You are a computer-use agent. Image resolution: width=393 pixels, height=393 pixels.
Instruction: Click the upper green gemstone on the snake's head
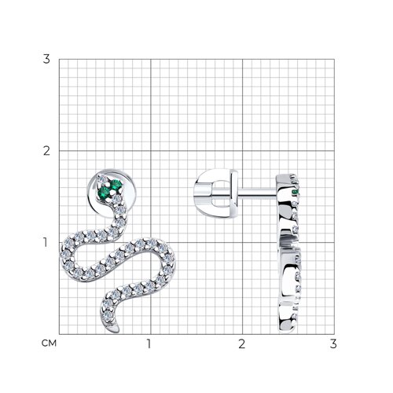(x=116, y=184)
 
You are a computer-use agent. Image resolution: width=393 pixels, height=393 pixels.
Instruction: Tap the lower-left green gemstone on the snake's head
(x=104, y=193)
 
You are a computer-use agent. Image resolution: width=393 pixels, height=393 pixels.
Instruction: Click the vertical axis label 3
(x=46, y=59)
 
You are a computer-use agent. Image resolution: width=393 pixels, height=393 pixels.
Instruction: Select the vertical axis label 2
(x=46, y=151)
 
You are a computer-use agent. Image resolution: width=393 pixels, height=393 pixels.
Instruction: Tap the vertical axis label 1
(x=46, y=243)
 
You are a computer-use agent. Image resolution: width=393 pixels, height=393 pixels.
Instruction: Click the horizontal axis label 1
(x=149, y=343)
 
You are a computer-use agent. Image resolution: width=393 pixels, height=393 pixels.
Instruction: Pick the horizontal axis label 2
(x=242, y=343)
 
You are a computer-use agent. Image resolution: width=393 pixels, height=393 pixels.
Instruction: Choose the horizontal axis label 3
(x=333, y=343)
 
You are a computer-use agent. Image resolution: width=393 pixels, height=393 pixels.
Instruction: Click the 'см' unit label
(x=49, y=343)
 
